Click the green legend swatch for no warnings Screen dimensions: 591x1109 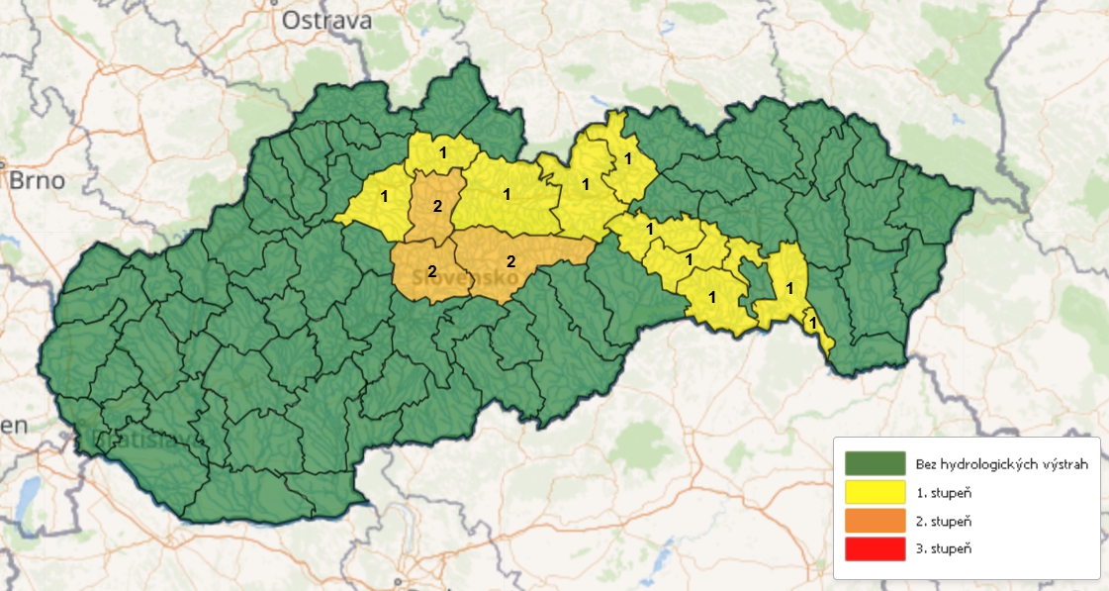[x=876, y=463]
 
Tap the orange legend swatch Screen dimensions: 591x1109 [x=876, y=520]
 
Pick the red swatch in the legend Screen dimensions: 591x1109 [x=876, y=547]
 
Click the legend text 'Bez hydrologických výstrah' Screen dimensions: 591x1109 [x=1002, y=463]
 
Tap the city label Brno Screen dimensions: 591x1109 [x=37, y=181]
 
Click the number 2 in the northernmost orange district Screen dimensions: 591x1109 [x=438, y=207]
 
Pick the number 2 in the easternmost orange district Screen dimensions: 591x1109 [x=510, y=261]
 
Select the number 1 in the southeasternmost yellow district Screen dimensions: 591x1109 [x=812, y=321]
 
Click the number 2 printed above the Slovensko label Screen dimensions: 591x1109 [x=431, y=270]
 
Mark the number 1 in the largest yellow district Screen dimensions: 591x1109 [x=507, y=194]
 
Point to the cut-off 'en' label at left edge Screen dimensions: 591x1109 [x=12, y=426]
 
